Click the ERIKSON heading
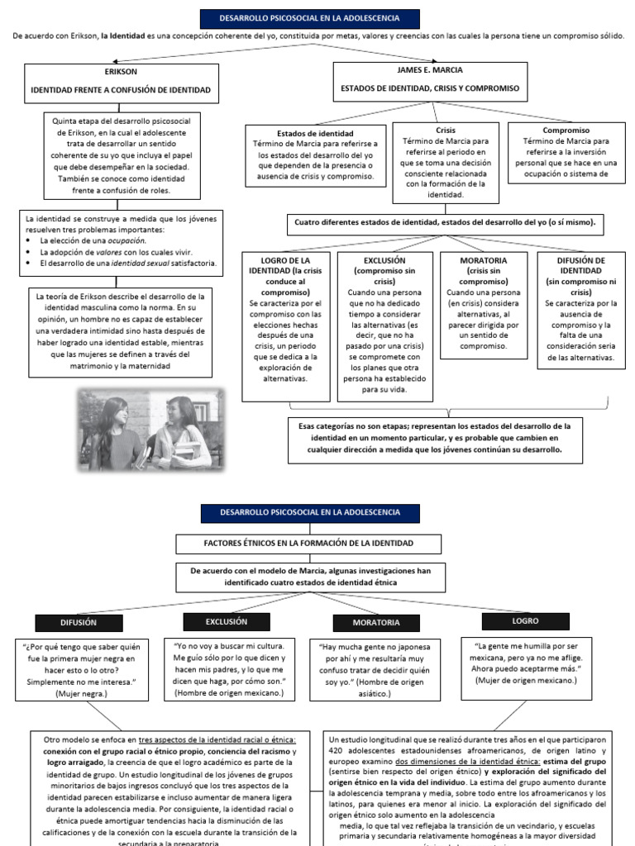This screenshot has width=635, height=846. [x=121, y=71]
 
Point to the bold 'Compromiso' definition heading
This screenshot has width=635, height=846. [x=566, y=131]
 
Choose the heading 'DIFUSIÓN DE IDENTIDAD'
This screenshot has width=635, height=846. [x=581, y=265]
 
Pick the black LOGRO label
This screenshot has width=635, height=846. [x=524, y=620]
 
